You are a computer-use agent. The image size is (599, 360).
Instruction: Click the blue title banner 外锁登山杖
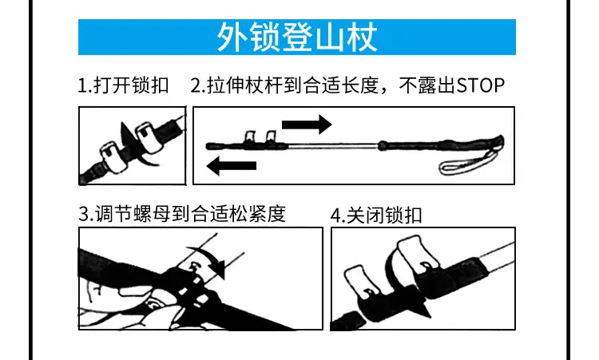point(297,37)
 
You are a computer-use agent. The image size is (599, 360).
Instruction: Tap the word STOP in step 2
point(480,85)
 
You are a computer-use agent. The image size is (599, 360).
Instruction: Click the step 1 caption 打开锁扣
point(131,85)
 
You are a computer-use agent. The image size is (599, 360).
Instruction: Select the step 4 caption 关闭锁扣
point(384,215)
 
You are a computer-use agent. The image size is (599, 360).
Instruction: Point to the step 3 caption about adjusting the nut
point(182,213)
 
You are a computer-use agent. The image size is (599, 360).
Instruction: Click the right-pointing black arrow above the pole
point(307,125)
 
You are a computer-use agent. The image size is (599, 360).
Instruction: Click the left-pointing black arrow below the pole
point(231,166)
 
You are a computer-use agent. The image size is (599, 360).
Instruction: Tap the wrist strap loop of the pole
point(469,162)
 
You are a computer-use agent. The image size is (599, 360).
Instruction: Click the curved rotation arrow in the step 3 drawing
point(209,259)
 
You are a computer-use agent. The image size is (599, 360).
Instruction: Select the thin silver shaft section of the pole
point(333,145)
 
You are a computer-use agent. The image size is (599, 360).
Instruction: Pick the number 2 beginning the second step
point(195,85)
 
